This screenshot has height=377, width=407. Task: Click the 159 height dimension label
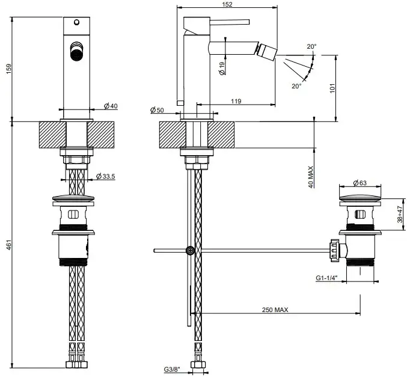[x=9, y=69]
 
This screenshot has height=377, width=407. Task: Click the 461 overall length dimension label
[x=9, y=245]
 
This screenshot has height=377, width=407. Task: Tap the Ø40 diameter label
[x=111, y=106]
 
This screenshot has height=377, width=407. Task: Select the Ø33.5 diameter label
[x=106, y=176]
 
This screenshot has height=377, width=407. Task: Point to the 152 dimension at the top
[x=227, y=4]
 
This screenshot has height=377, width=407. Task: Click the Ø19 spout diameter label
[x=222, y=69]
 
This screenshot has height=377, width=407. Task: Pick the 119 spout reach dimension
[x=236, y=101]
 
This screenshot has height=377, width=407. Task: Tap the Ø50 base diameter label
[x=157, y=110]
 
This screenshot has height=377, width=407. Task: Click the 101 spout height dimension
[x=332, y=88]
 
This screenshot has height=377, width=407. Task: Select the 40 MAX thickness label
[x=310, y=177]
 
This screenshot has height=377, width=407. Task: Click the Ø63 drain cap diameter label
[x=360, y=183]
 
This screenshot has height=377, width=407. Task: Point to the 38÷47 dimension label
[x=400, y=214]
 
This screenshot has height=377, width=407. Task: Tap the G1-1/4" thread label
[x=326, y=278]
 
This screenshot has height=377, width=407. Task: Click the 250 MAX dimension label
[x=275, y=310]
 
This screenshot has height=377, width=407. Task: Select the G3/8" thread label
[x=172, y=369]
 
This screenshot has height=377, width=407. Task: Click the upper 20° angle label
[x=312, y=46]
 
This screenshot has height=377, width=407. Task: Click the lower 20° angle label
[x=297, y=86]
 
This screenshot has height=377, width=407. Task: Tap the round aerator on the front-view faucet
[x=76, y=52]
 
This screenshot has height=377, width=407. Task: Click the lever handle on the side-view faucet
[x=230, y=22]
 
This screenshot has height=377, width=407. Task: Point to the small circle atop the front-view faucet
[x=76, y=22]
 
